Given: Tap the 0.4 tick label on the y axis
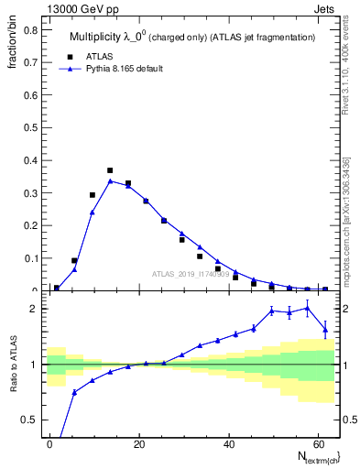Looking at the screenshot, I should [31, 160].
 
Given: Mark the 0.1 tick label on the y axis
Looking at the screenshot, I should [31, 258].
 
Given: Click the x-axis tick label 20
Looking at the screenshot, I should [138, 442].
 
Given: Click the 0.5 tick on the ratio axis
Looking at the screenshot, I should [31, 420].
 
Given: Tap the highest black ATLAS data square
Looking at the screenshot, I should [110, 170].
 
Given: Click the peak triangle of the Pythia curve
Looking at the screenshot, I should [110, 180].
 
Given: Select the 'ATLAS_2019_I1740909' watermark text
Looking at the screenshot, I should [191, 274].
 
